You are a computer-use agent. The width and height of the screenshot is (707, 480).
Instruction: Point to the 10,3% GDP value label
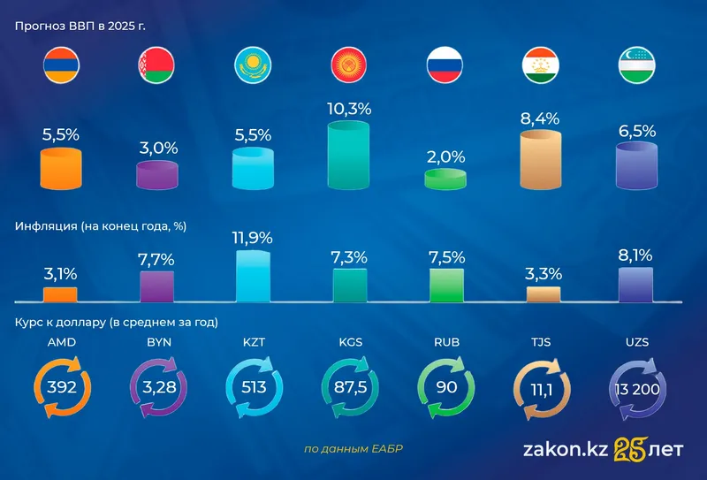[x=349, y=110]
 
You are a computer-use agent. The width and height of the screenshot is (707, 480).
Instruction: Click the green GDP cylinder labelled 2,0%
[x=445, y=179]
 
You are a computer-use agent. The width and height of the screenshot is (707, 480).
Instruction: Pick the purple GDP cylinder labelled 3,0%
[x=157, y=174]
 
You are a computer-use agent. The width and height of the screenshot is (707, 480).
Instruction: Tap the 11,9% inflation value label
[x=253, y=238]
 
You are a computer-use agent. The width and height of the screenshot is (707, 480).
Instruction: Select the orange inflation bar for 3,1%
[x=61, y=294]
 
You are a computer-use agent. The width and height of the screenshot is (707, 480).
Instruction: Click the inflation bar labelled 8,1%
[x=636, y=286]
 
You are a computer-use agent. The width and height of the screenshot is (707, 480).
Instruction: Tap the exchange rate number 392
[x=61, y=386]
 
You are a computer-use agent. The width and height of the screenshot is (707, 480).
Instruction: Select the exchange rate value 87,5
[x=349, y=386]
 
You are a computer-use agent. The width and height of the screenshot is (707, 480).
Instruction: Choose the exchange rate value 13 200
[x=636, y=386]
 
